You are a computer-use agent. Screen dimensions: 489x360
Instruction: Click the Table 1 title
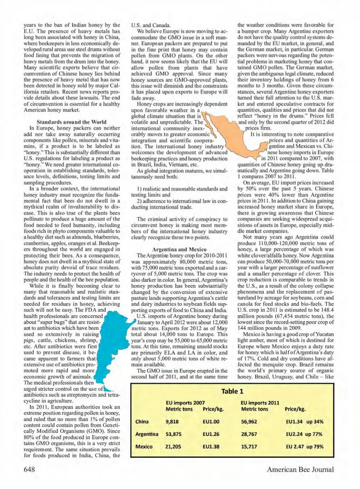click(232, 391)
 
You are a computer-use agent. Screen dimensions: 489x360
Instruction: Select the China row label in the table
click(142, 422)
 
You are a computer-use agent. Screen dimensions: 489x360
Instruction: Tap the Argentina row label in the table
click(147, 434)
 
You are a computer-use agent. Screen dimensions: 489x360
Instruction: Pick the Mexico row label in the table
click(144, 447)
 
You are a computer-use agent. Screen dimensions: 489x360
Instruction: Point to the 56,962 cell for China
click(249, 422)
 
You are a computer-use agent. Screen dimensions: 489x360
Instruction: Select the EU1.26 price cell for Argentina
click(211, 434)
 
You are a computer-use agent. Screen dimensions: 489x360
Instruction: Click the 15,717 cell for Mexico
click(249, 447)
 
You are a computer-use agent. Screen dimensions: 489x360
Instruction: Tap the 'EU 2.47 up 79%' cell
click(304, 447)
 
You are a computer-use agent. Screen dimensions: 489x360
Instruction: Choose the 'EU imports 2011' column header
click(260, 403)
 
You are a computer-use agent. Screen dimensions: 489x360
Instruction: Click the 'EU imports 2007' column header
click(185, 403)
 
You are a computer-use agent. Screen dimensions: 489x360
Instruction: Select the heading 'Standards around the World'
click(72, 122)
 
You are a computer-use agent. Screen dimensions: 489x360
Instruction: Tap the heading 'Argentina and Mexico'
click(179, 249)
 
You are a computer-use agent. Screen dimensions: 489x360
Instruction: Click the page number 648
click(29, 469)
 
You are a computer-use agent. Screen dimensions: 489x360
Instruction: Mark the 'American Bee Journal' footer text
click(300, 469)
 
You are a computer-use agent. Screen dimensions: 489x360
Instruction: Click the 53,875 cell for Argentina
click(173, 434)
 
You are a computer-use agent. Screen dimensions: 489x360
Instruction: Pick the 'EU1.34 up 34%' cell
click(304, 422)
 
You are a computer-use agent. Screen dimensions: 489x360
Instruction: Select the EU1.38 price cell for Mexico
click(211, 447)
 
